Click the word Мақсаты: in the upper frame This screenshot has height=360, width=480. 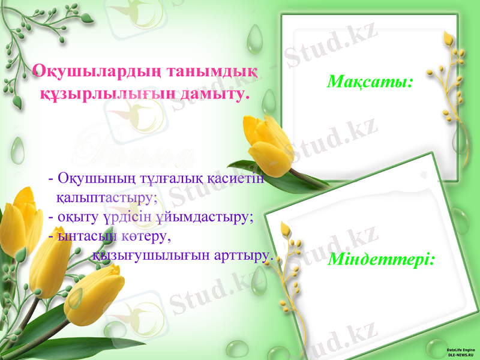tap(370, 80)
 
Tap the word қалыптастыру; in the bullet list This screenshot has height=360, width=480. tap(107, 196)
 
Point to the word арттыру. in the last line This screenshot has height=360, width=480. tap(244, 255)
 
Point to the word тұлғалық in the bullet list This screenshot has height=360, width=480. tap(172, 179)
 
